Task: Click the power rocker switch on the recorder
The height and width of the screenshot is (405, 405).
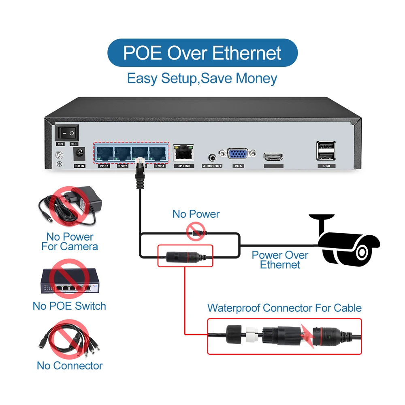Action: tap(67, 132)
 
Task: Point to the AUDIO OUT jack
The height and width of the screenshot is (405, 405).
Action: tap(212, 157)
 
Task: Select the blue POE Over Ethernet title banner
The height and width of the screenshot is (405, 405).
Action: tap(202, 53)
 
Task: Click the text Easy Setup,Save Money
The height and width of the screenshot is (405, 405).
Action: tap(202, 78)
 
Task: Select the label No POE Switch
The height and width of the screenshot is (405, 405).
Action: tap(69, 306)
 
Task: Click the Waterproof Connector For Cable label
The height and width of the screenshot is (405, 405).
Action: tap(284, 308)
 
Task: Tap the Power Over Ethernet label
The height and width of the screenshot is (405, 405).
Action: tap(280, 260)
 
